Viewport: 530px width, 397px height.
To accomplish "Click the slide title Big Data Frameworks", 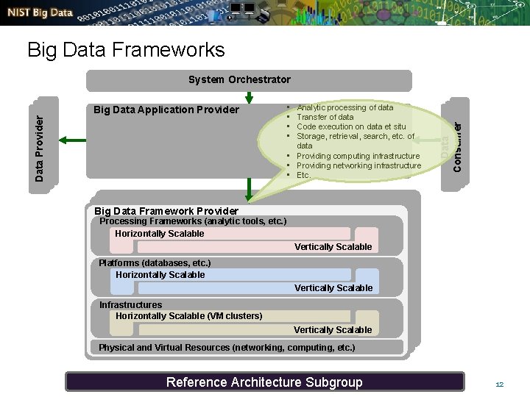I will (125, 50).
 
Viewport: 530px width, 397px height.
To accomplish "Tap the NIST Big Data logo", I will (41, 13).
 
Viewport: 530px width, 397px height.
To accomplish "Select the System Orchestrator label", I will (239, 79).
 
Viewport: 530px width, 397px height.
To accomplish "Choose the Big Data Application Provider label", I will (166, 110).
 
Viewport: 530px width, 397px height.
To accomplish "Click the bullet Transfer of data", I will (325, 117).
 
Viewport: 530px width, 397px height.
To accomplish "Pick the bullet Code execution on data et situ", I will (350, 126).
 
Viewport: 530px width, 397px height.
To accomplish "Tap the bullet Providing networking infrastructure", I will (358, 165).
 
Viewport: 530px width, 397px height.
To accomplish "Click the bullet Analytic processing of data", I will (344, 107).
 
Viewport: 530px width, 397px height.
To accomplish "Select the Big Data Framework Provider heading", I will (166, 211).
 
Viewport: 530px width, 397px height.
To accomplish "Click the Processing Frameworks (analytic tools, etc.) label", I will (193, 221).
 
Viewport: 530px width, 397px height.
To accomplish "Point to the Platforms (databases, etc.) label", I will (155, 263).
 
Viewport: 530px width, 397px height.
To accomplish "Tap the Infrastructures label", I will (130, 304).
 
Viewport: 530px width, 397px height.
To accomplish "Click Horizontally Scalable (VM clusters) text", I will (188, 316).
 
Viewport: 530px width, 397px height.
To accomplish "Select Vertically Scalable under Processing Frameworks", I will (333, 247).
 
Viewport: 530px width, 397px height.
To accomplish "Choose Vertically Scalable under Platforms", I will (333, 288).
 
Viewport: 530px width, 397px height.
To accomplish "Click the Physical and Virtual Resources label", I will (227, 347).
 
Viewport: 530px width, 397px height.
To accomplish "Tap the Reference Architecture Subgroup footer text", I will (264, 382).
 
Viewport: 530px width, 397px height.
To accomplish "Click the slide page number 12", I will (499, 385).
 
